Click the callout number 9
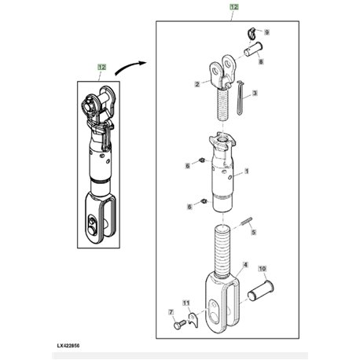[x=266, y=32]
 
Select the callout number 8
[x=261, y=62]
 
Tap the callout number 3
[x=255, y=93]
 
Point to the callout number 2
[x=197, y=84]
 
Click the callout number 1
[x=246, y=171]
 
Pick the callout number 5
[x=253, y=232]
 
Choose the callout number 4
[x=245, y=265]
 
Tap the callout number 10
[x=263, y=269]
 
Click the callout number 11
[x=186, y=303]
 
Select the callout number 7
[x=171, y=312]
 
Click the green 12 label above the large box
[x=234, y=7]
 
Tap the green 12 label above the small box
[x=101, y=68]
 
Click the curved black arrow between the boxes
[x=129, y=67]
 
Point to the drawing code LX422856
[x=68, y=346]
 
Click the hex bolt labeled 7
[x=179, y=324]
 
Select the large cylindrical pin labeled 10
[x=260, y=291]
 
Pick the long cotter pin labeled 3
[x=241, y=97]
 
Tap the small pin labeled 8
[x=253, y=49]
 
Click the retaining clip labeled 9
[x=251, y=32]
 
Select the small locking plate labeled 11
[x=193, y=320]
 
